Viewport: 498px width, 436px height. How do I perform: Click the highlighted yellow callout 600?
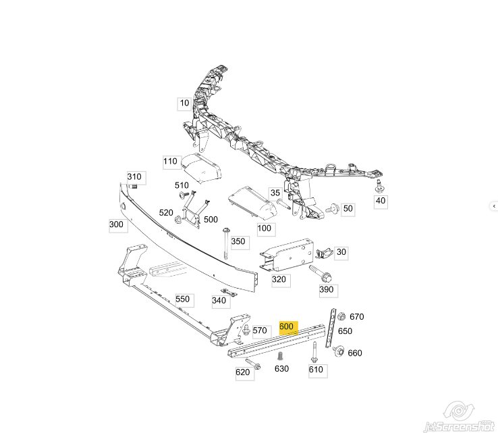(x=288, y=327)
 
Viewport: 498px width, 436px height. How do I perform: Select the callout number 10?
(x=184, y=103)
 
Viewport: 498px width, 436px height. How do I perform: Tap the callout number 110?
(x=171, y=162)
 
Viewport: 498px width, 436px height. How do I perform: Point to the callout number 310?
(x=135, y=177)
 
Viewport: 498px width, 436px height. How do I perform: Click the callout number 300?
(x=117, y=224)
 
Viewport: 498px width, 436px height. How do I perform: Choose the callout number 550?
(x=183, y=299)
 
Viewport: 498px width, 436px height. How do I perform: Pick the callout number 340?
(x=219, y=301)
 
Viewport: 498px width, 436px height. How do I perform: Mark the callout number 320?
(x=279, y=280)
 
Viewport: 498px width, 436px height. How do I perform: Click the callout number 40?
(x=380, y=201)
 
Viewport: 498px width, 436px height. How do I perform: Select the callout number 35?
(x=275, y=193)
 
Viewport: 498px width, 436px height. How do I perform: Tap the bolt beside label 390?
(x=320, y=273)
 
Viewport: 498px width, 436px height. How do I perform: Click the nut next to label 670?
(x=341, y=316)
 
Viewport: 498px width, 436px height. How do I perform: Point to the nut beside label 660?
(x=338, y=351)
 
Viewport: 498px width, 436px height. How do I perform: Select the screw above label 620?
(x=253, y=364)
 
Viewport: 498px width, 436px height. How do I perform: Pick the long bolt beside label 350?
(x=226, y=243)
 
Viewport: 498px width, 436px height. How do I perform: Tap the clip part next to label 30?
(x=324, y=253)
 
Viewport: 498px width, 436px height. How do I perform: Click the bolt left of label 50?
(x=333, y=209)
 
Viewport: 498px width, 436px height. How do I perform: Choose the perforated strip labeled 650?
(x=330, y=328)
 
